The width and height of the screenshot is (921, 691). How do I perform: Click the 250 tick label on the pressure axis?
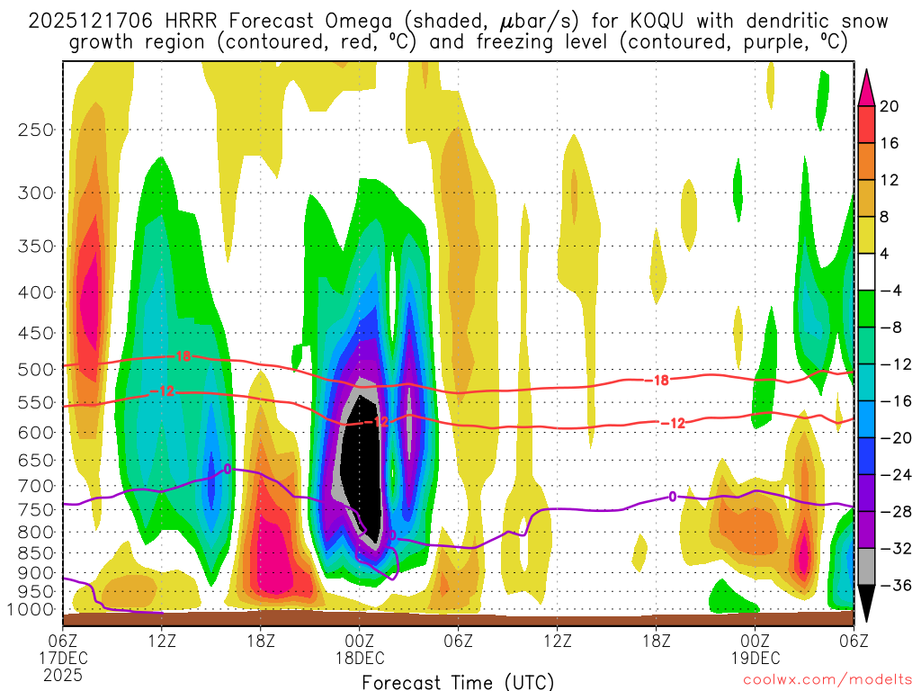coord(36,130)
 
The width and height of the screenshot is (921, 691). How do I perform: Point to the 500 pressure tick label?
coord(36,369)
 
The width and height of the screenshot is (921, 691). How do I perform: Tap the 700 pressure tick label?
coord(36,486)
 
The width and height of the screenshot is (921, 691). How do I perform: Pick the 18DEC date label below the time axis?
coord(360,657)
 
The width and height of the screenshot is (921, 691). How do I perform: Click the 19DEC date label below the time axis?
coord(755,657)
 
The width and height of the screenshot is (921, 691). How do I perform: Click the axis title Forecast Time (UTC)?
coord(458,681)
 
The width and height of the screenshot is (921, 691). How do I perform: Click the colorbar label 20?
coord(890,106)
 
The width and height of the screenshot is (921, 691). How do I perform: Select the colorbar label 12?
coord(890,180)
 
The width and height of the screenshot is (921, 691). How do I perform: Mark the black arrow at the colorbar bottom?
coord(867,605)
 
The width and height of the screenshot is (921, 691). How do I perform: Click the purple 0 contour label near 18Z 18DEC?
coord(673,497)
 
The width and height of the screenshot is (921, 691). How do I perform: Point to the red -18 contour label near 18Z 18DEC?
coord(660,381)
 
